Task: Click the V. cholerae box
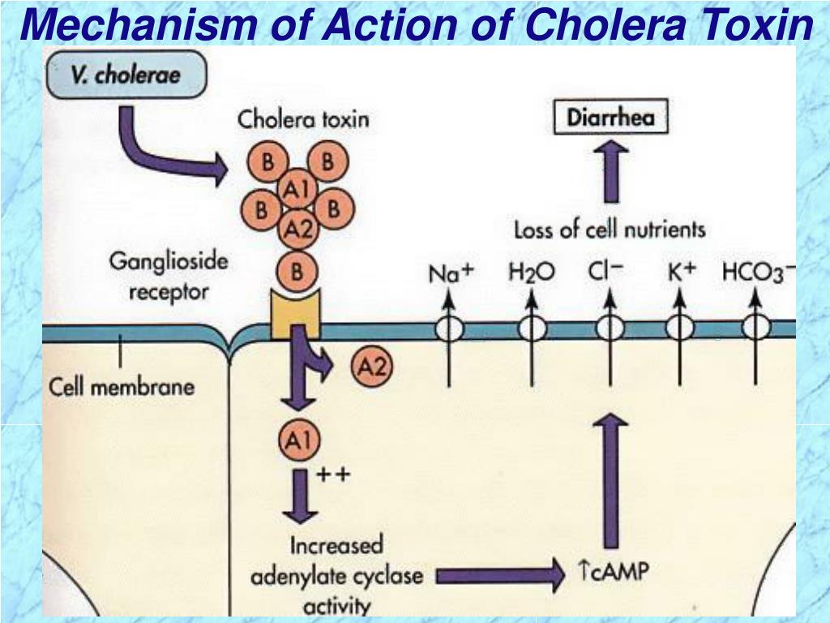tap(126, 74)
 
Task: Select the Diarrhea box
tap(611, 117)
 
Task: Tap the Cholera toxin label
tap(303, 119)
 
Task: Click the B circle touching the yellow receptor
tap(297, 271)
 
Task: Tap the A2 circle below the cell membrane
tap(372, 366)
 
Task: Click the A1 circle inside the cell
tap(300, 440)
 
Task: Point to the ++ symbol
tap(333, 473)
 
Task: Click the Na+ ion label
tap(451, 273)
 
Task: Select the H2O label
tap(532, 273)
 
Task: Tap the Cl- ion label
tap(605, 271)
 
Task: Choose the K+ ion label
tap(681, 271)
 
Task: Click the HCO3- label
tap(758, 273)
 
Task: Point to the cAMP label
tap(614, 572)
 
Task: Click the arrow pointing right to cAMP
tap(501, 575)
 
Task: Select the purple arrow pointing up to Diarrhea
tap(611, 171)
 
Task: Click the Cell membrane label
tap(122, 387)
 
